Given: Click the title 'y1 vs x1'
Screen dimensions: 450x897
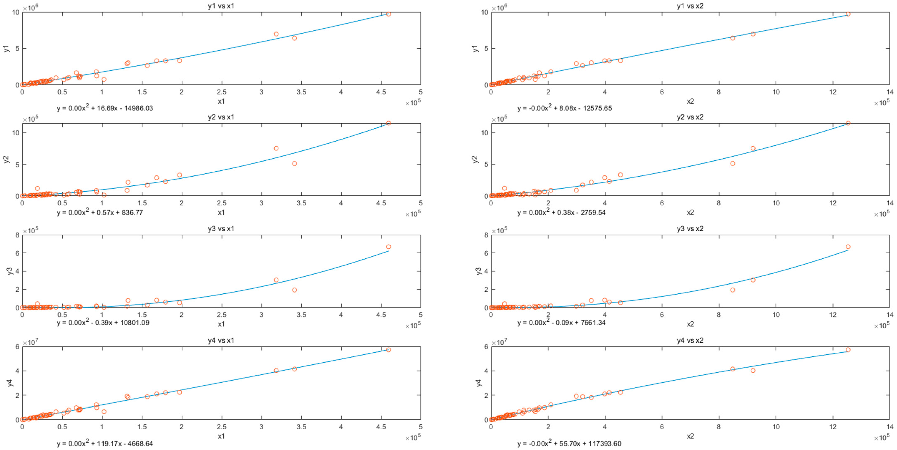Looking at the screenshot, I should pos(221,6).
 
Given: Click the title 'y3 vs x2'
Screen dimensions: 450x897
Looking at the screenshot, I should pos(690,229).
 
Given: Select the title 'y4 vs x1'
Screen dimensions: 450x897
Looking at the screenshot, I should pos(221,340).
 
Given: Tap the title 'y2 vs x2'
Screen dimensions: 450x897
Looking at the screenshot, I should pos(690,117).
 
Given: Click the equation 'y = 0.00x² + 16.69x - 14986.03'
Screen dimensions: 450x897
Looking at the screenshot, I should pos(105,108).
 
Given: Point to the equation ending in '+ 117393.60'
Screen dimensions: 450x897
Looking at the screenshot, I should pos(569,443).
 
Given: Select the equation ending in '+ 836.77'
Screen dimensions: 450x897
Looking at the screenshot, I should pos(100,212).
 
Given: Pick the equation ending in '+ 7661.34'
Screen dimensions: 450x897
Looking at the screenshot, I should pos(561,323).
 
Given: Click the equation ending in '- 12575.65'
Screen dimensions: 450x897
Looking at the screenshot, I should pos(564,108).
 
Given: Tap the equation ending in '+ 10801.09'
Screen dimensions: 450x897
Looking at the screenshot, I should pos(103,323).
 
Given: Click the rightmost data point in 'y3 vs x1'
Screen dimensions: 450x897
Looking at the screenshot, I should pos(389,247).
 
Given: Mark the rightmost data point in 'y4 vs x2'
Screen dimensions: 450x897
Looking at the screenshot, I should pos(848,350).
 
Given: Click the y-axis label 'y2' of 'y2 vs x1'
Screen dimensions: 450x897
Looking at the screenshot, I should pos(6,159).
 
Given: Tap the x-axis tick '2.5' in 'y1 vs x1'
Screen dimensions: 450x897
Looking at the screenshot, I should pos(221,92).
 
